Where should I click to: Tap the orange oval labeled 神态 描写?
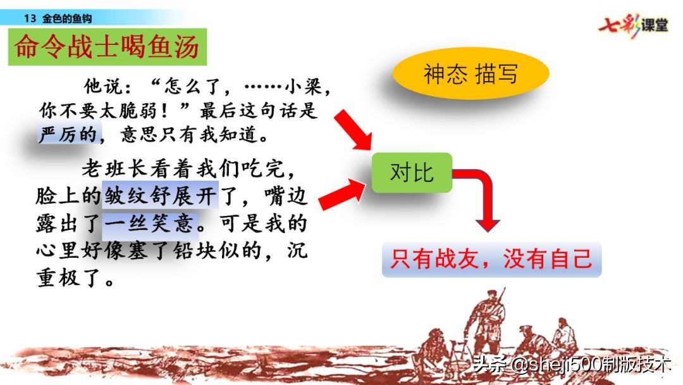click(470, 74)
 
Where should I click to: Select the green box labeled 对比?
click(412, 172)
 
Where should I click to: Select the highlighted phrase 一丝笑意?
click(151, 223)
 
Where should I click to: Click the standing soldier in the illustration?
click(488, 316)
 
